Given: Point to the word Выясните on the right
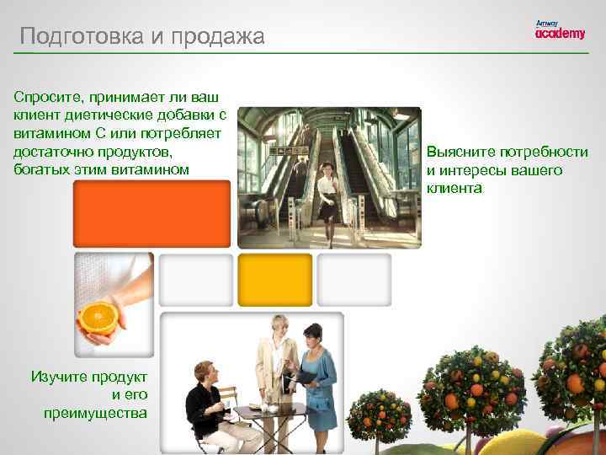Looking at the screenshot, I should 460,153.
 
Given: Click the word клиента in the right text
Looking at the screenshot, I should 454,188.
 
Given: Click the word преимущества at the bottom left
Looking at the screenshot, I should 95,412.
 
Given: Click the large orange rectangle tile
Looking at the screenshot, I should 151,214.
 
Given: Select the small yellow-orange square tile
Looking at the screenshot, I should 274,280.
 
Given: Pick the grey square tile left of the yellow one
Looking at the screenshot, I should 195,280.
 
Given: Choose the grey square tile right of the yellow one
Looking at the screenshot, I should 353,280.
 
